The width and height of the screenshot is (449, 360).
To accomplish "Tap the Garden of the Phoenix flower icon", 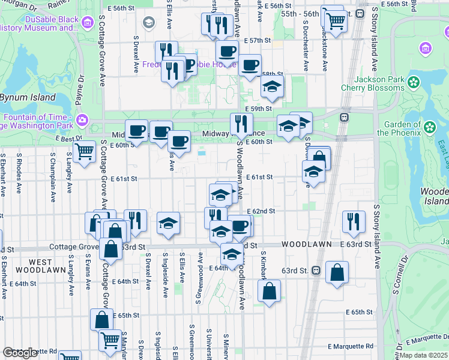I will pos(429,127).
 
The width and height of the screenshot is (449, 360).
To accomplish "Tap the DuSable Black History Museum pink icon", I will pos(88,23).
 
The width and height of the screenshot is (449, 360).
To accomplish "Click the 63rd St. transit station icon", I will pos(316,271).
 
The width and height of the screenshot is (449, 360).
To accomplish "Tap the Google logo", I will pos(20,352).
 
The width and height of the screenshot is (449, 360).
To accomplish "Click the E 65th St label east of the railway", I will pos(362,312).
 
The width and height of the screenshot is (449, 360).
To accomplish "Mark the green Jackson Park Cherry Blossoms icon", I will pos(414,82).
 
